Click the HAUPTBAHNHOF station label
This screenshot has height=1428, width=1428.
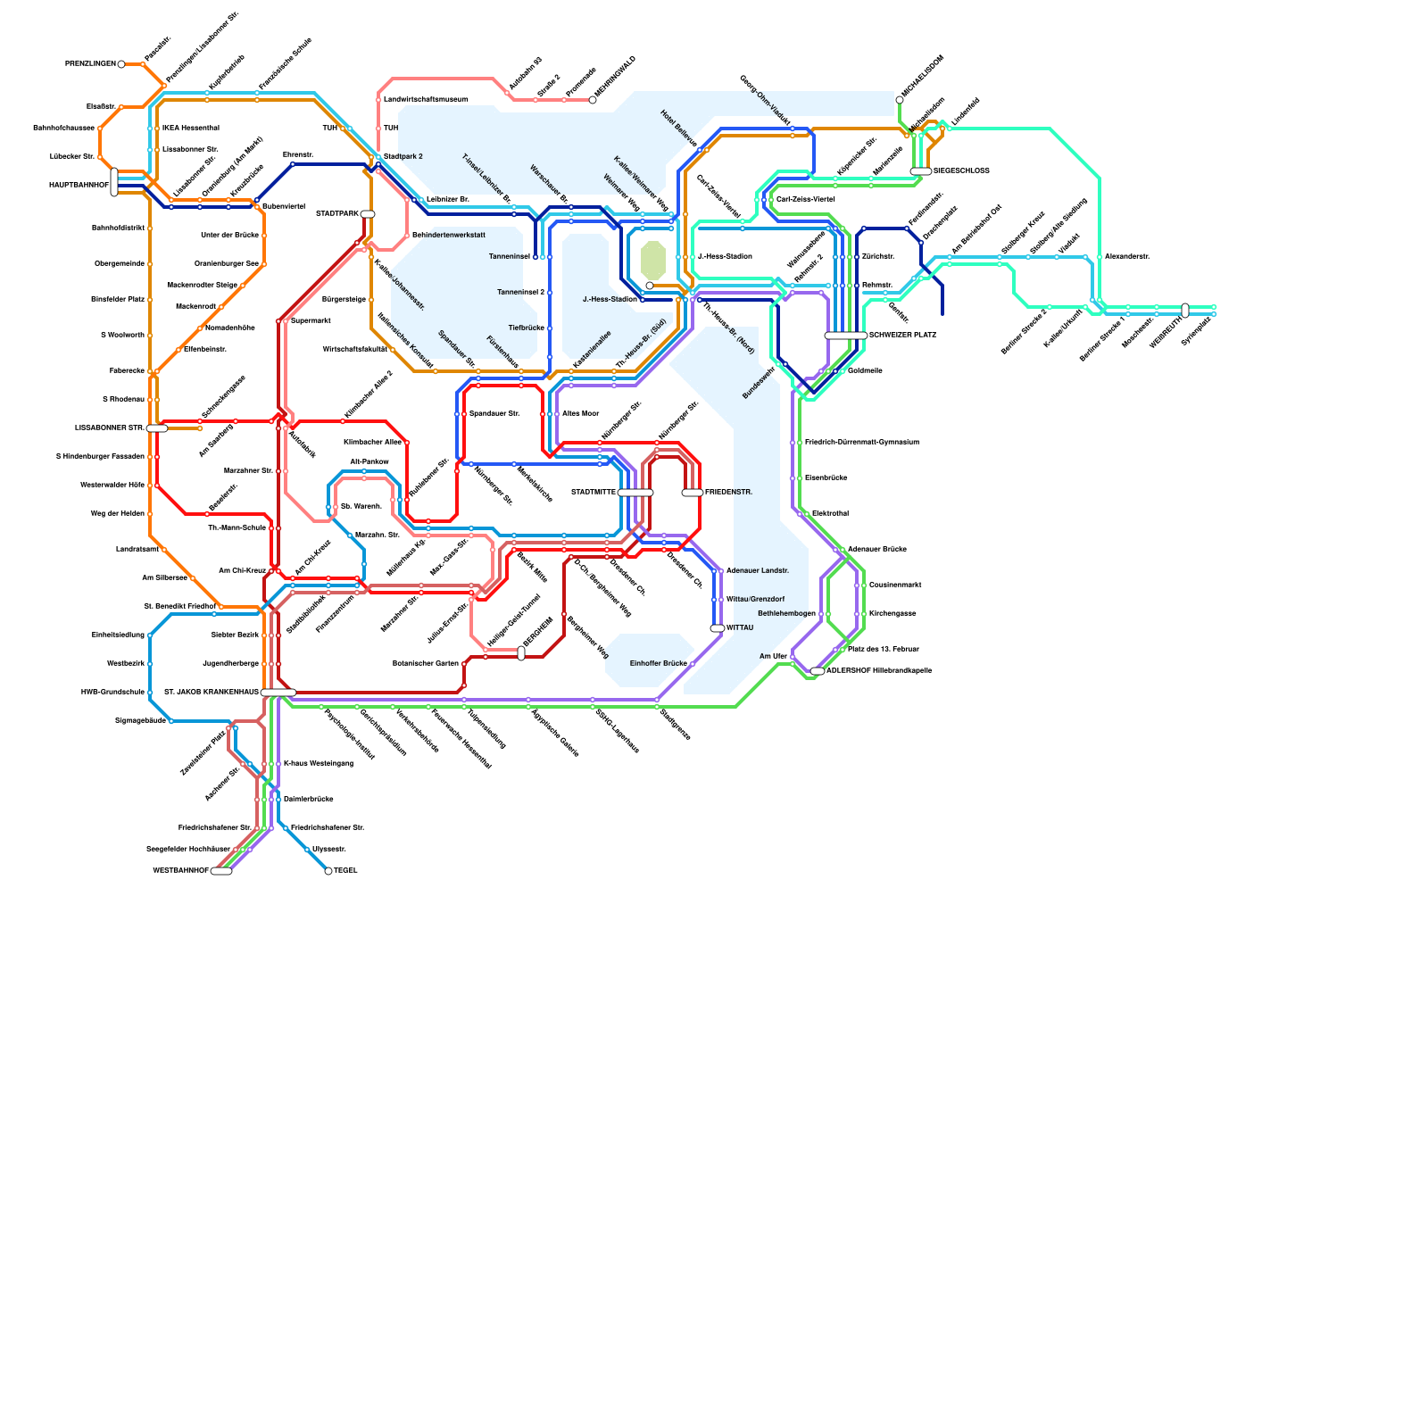point(79,186)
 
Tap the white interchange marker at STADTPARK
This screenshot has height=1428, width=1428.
point(368,214)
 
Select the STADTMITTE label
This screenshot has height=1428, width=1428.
point(594,493)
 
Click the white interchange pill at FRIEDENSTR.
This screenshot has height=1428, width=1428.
point(692,493)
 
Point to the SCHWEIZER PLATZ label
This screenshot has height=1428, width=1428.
point(902,336)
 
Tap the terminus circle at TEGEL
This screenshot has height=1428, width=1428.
point(328,871)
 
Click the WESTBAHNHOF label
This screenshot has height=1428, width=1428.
point(180,871)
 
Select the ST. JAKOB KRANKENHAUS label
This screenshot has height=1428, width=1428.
point(212,693)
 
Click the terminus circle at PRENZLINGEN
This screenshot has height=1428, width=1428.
point(121,64)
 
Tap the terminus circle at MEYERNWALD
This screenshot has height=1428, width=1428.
point(593,100)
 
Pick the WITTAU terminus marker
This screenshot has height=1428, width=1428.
point(718,628)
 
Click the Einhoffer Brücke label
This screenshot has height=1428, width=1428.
point(658,664)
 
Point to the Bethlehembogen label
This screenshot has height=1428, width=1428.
point(786,614)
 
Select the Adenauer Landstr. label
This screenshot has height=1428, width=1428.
point(758,571)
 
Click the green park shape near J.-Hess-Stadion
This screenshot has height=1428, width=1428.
point(652,260)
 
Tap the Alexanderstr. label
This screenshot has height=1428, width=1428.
point(1126,257)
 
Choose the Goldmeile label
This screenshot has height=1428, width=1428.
point(865,371)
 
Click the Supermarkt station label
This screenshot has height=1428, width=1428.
point(311,321)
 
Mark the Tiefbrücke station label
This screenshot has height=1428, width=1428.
point(526,328)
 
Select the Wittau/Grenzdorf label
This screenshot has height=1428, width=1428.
point(755,600)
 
